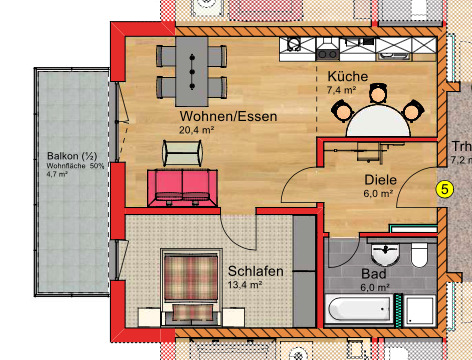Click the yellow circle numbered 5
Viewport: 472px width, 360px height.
pos(445,187)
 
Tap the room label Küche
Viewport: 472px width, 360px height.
pos(347,77)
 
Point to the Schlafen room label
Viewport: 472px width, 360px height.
pos(255,271)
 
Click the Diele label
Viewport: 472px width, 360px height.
pos(380,181)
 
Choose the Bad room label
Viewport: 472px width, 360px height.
pos(373,272)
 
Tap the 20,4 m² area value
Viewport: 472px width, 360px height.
pos(197,130)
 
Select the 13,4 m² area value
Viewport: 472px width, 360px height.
pos(245,284)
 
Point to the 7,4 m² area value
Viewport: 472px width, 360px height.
pos(342,90)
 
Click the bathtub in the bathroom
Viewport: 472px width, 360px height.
pos(357,310)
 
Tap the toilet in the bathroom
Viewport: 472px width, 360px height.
pos(420,255)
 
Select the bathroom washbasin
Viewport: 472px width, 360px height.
pos(389,251)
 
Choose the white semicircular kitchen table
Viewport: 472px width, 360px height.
pos(380,121)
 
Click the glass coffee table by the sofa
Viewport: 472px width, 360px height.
pos(182,152)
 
